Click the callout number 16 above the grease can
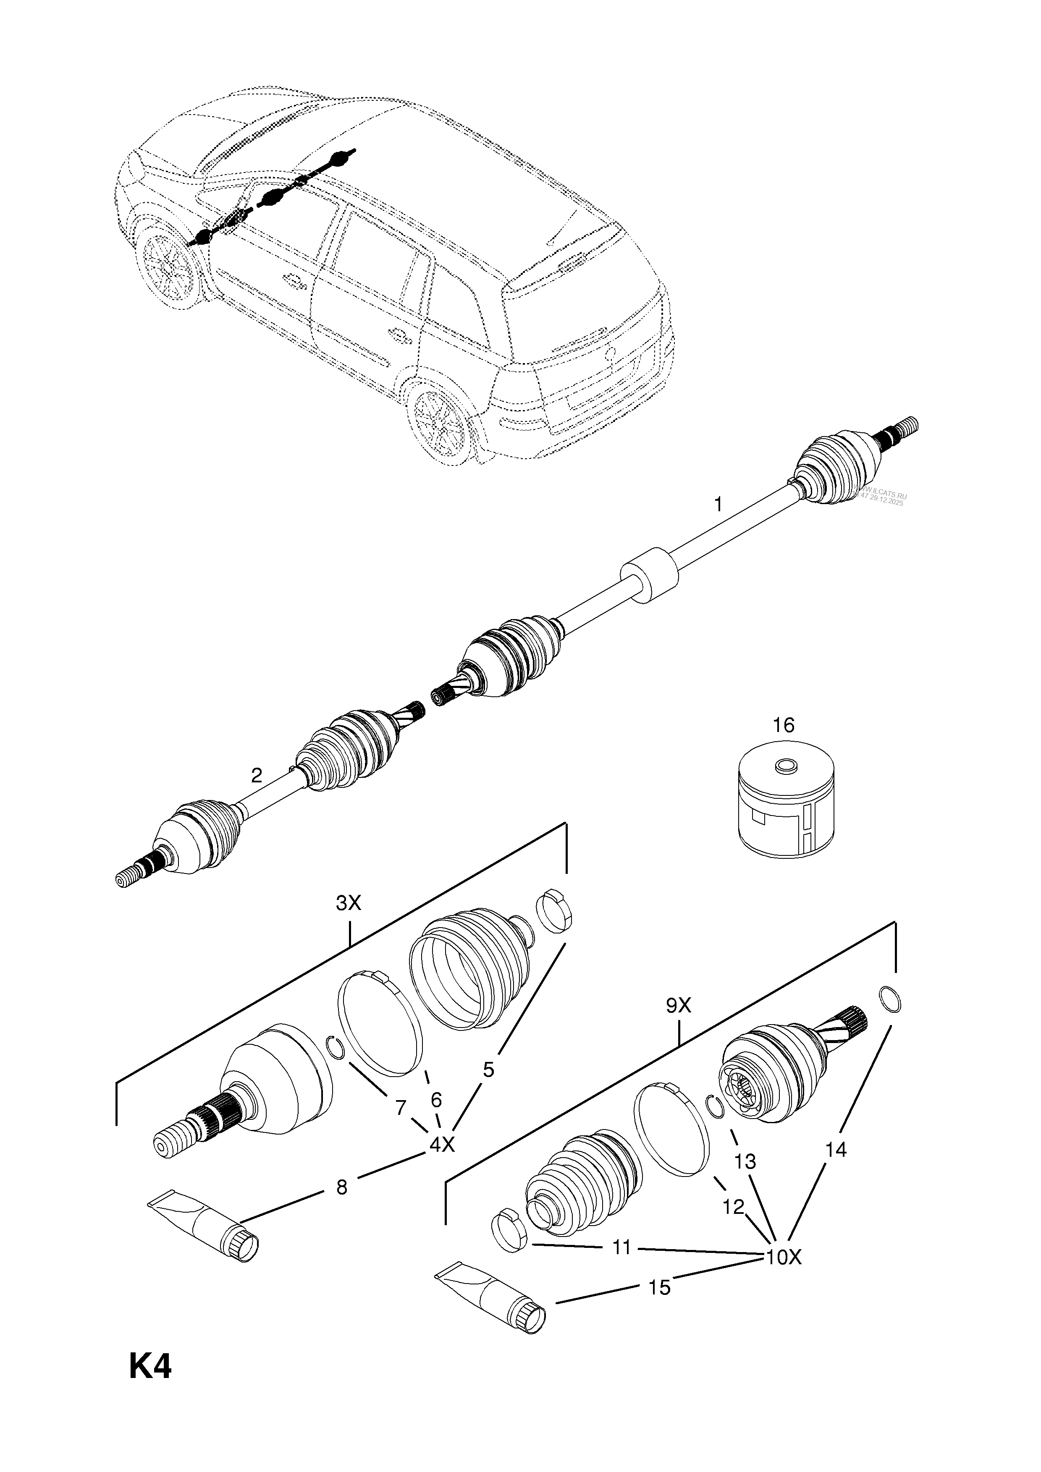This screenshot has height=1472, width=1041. [783, 725]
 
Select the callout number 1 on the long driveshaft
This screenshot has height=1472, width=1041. [718, 505]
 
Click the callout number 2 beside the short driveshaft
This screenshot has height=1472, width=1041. [257, 776]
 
